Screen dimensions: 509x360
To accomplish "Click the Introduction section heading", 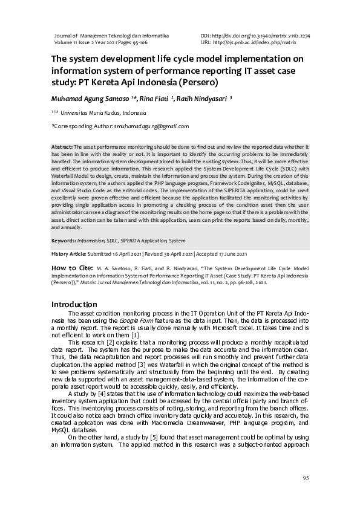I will coord(74,304).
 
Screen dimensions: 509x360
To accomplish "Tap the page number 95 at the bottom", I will coord(306,479).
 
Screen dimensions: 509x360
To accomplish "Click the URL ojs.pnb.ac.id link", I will coord(254,43).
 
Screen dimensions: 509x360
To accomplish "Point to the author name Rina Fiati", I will coord(155,98).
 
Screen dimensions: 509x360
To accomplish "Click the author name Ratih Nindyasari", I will coord(203,98).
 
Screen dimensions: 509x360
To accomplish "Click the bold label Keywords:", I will coord(65,241).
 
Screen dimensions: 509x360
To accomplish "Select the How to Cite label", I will coord(71,267).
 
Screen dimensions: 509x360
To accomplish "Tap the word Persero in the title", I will coord(193,82).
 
